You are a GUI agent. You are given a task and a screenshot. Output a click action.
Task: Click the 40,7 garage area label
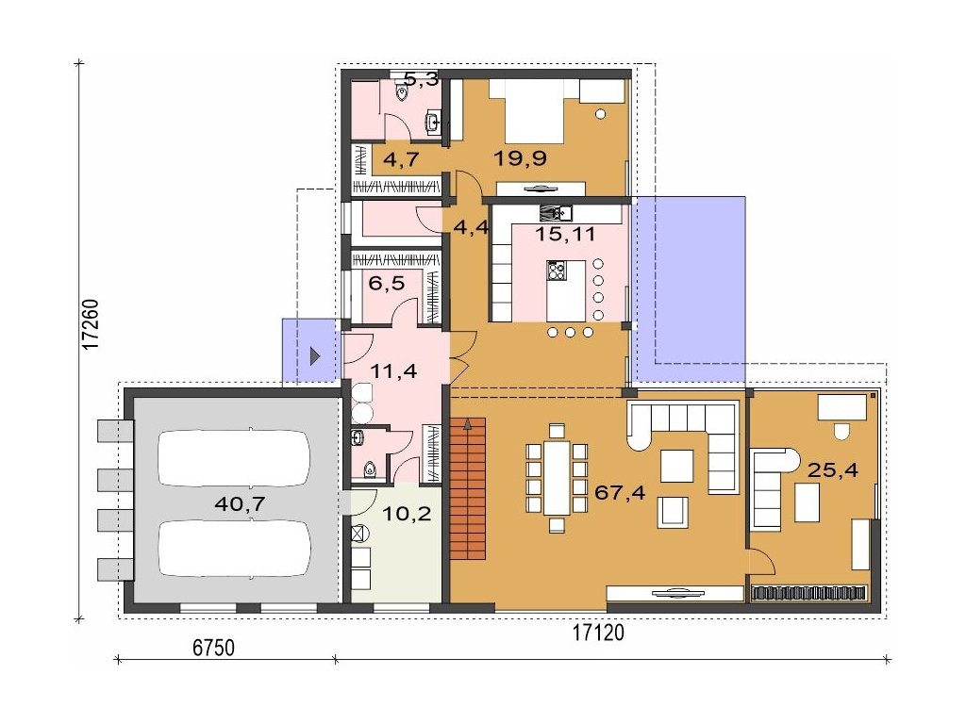(x=240, y=505)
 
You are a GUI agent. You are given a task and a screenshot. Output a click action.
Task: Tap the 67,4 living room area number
(x=620, y=492)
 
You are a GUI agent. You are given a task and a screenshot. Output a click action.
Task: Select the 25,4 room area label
(x=832, y=471)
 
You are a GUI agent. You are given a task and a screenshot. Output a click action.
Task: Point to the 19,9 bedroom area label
(x=521, y=158)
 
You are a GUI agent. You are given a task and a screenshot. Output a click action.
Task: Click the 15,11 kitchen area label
(x=564, y=234)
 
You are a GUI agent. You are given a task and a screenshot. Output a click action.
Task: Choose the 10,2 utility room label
(x=408, y=514)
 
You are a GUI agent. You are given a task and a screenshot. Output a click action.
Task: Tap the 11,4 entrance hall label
(x=393, y=371)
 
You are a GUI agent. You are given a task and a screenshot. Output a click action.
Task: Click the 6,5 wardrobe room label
(x=386, y=284)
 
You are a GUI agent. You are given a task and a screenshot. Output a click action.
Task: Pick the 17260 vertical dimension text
(x=92, y=324)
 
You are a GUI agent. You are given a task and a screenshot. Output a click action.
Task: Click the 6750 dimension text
(x=214, y=648)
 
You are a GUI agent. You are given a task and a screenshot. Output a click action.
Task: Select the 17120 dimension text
(x=598, y=633)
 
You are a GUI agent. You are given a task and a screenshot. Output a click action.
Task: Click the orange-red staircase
(x=468, y=488)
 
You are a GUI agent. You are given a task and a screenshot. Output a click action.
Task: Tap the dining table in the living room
(x=557, y=478)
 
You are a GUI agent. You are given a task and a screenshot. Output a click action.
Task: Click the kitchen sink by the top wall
(x=557, y=213)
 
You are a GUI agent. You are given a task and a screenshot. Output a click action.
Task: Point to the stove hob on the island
(x=557, y=271)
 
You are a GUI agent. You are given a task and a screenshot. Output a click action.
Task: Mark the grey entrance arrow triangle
(x=315, y=355)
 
